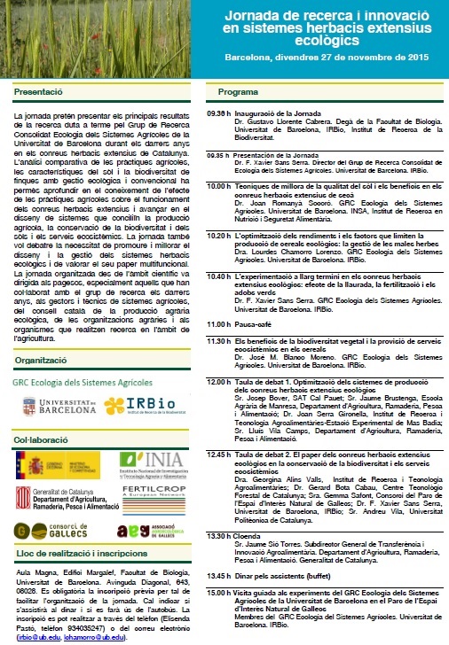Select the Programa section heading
pos(238,91)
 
